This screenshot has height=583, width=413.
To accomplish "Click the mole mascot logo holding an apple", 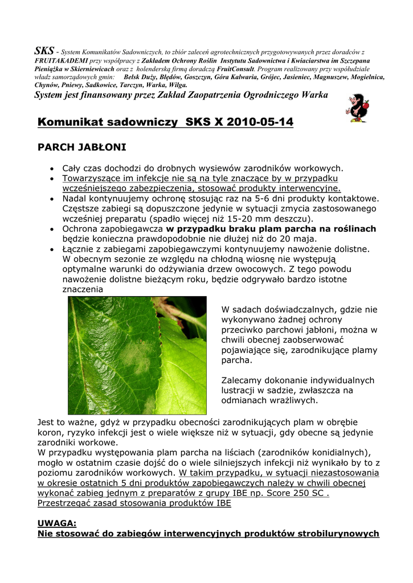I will coord(358,108).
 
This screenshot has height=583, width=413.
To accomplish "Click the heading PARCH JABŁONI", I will coord(81,147).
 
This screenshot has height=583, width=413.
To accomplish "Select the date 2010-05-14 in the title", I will coord(263,122).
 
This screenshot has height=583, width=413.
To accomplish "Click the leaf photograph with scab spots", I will coord(137,355).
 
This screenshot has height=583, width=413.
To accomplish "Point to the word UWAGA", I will coord(56,523).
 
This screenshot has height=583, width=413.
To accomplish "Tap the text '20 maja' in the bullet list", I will coord(301,239).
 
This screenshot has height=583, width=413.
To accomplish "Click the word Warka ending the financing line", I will coord(314,95).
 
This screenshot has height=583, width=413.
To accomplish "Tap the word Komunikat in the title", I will coord(72,122).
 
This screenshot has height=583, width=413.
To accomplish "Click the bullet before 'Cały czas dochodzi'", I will coord(51,169).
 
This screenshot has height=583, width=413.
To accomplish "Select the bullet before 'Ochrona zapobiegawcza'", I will coord(51,229).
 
